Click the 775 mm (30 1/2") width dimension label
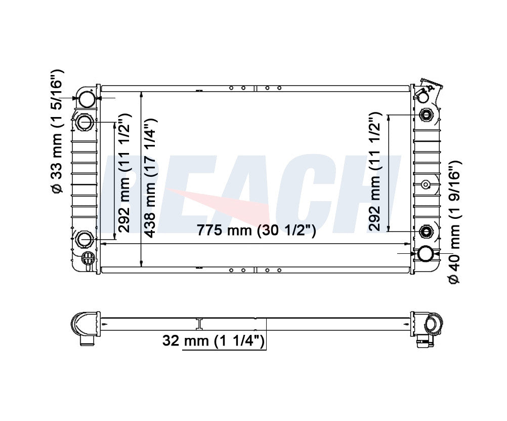pos(256,230)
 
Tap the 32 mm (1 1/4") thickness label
pos(214,340)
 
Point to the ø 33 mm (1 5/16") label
pos(57,132)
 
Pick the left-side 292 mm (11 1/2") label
pos(123,173)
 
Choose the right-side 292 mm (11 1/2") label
pos(374,172)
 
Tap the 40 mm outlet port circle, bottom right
pos(426,254)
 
